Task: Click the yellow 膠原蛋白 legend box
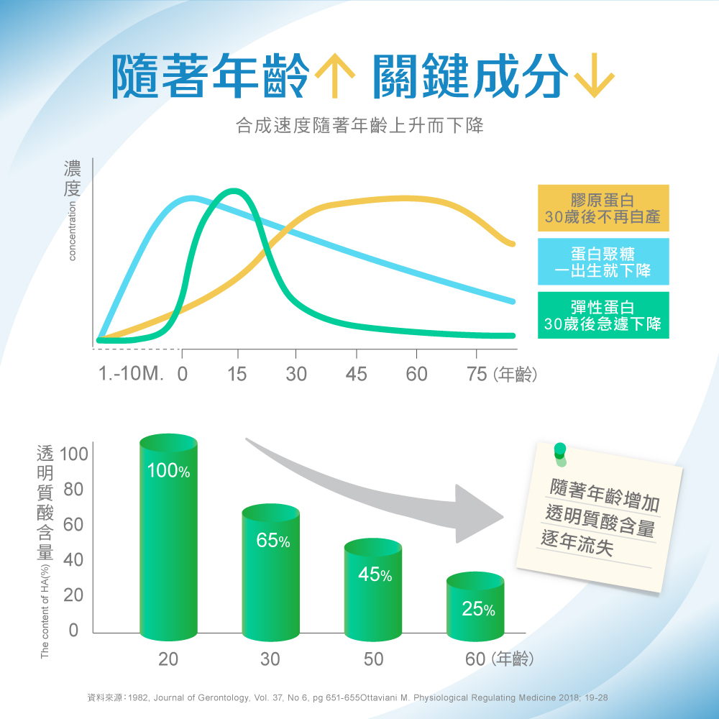click(603, 207)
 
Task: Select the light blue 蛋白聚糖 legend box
click(603, 261)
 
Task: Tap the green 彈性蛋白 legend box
click(603, 315)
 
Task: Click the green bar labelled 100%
click(168, 539)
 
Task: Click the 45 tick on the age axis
click(356, 374)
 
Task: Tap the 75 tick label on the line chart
click(476, 374)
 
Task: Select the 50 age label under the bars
click(372, 659)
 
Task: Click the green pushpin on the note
click(559, 451)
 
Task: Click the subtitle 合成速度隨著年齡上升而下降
click(359, 127)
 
